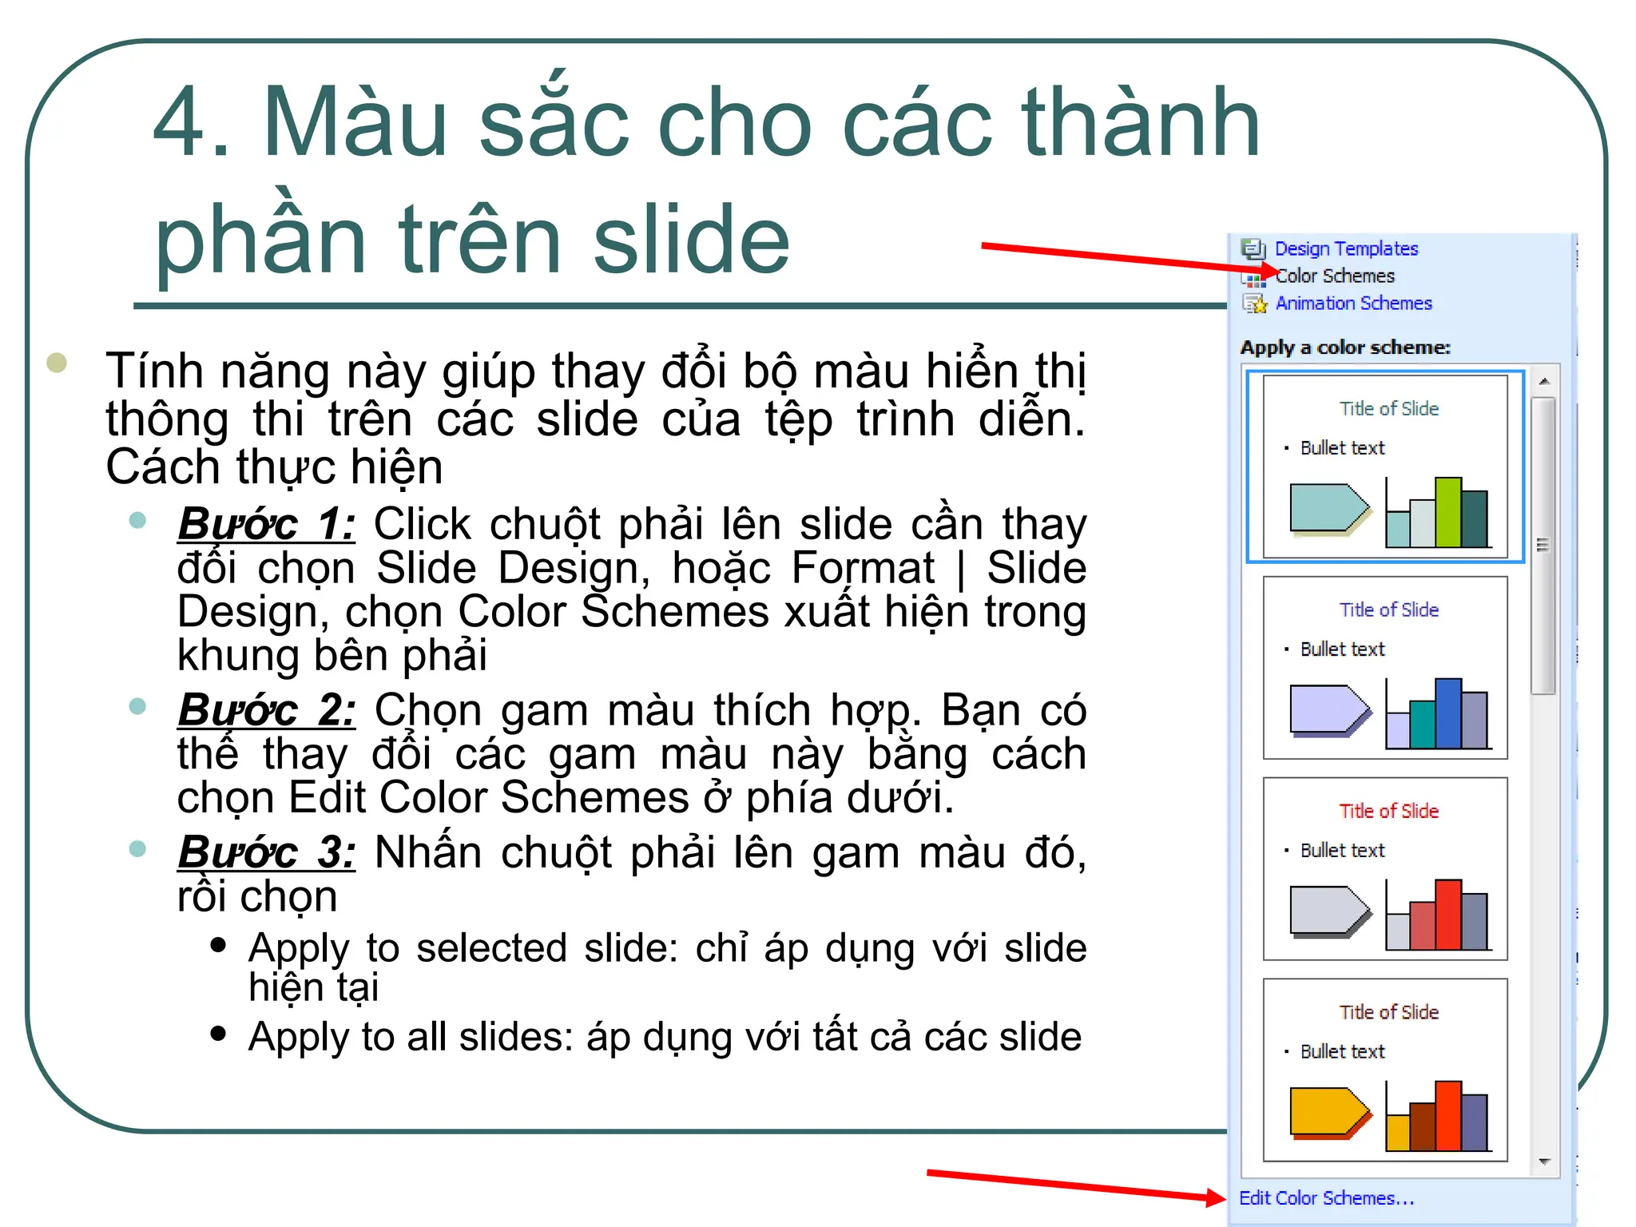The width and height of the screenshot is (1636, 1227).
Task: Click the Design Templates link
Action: click(1346, 249)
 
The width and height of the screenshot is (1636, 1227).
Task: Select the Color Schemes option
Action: click(1336, 276)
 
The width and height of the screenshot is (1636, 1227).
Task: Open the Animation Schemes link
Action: click(1353, 304)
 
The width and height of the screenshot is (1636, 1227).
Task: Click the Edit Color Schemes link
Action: click(1326, 1198)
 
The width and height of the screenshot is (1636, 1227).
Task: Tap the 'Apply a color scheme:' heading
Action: click(1345, 347)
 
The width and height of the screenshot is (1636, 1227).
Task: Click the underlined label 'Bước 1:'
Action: click(267, 525)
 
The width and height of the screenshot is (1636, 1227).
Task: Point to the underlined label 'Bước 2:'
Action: click(267, 710)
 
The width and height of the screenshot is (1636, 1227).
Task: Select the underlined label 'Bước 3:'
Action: click(267, 852)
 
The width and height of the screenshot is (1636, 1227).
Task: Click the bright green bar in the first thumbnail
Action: click(1447, 511)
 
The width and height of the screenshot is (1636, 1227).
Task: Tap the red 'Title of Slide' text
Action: click(1388, 811)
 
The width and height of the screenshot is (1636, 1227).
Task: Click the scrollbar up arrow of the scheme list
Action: click(1544, 382)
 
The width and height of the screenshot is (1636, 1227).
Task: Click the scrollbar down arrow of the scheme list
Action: click(1544, 1161)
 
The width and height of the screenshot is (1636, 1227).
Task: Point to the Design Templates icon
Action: click(1253, 249)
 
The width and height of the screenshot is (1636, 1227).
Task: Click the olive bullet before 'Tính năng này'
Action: click(57, 363)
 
